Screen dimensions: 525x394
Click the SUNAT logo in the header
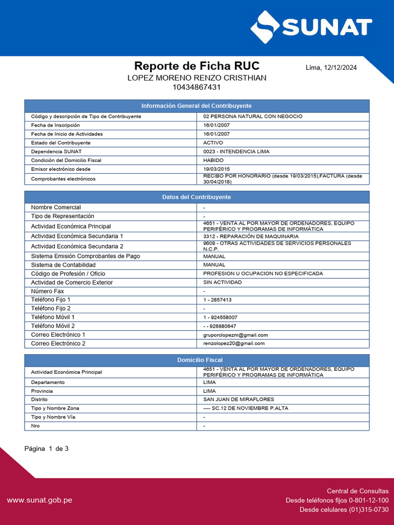(x=311, y=27)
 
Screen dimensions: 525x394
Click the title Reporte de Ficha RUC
(x=196, y=66)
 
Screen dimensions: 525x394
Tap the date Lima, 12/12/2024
(x=331, y=68)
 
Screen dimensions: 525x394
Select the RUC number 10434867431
(x=196, y=87)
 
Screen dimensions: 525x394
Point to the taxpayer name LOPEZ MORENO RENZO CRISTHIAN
(x=196, y=77)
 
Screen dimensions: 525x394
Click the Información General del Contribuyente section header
(x=196, y=106)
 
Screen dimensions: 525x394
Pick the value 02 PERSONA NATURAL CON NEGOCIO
(x=252, y=116)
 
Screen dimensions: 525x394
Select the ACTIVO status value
(x=213, y=143)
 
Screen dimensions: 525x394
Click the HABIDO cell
(x=213, y=160)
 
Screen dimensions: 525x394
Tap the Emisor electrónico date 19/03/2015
(x=216, y=169)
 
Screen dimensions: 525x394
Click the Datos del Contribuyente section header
(x=196, y=197)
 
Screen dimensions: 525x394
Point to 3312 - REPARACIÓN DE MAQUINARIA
(x=250, y=236)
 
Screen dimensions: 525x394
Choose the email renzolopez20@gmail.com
(x=233, y=344)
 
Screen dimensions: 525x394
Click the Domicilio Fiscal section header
(x=196, y=360)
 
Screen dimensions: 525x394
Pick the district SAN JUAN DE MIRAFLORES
(x=239, y=399)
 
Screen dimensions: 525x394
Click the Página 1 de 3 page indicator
(x=47, y=449)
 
